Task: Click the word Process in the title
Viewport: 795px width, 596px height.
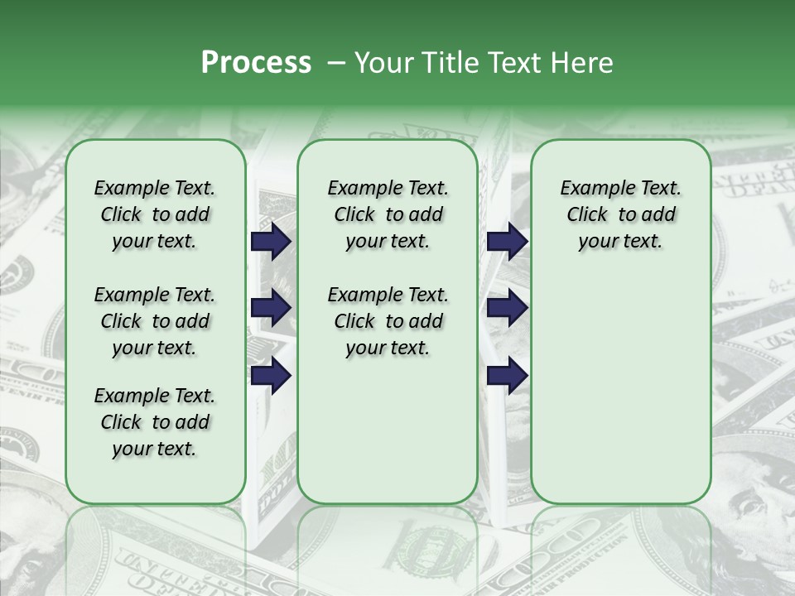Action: click(256, 62)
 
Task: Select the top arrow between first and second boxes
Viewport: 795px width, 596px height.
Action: click(271, 242)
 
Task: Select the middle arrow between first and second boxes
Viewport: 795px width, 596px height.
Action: click(271, 308)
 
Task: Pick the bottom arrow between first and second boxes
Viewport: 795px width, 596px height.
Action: click(271, 376)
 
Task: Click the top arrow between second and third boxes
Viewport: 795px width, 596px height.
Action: click(507, 242)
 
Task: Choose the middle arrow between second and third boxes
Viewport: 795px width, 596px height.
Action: click(507, 308)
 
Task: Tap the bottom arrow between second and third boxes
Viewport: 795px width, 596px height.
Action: click(507, 376)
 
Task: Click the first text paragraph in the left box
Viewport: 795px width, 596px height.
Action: click(155, 214)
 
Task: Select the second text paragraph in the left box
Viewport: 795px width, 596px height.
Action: click(155, 321)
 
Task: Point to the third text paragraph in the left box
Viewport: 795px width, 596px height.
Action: click(155, 422)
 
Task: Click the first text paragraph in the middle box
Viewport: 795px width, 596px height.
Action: click(388, 214)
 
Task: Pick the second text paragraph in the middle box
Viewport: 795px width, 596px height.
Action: click(388, 321)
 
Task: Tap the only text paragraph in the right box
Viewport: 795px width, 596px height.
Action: click(620, 214)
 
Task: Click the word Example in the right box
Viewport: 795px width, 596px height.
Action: click(590, 189)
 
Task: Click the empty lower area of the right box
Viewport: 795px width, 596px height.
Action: click(620, 389)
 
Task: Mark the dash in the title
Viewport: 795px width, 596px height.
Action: click(336, 62)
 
